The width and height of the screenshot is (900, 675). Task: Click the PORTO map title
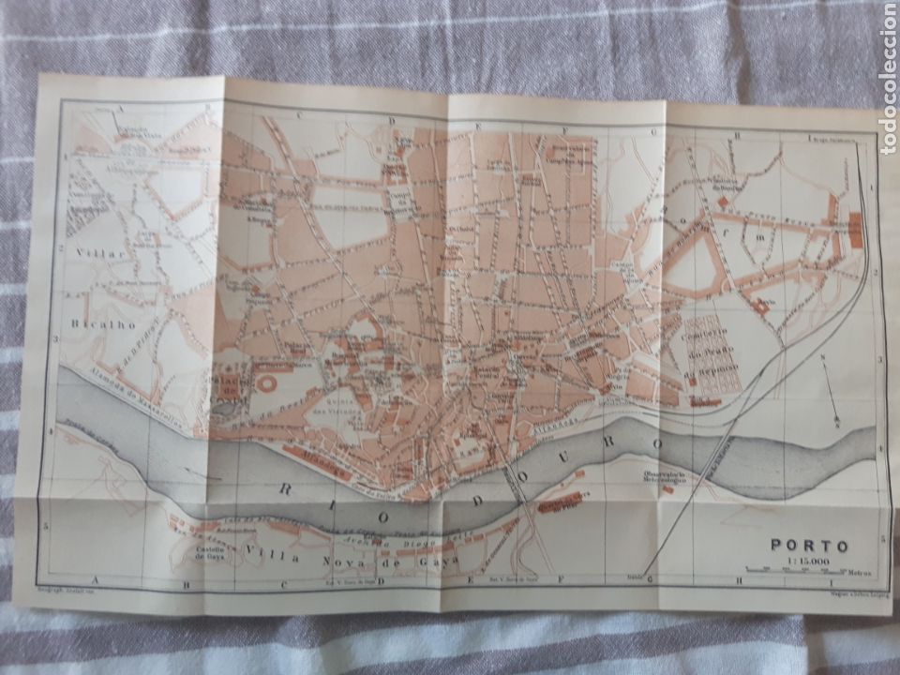[x=809, y=545]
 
